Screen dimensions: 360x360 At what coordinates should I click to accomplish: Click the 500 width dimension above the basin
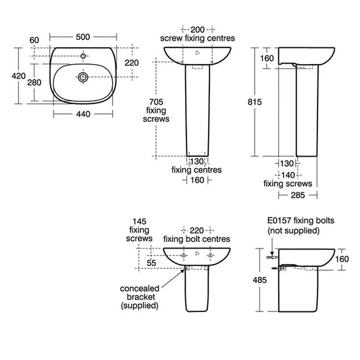tap(83, 36)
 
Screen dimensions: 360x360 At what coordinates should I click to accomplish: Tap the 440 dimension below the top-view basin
tap(83, 114)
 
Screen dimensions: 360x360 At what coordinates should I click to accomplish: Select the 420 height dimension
tap(19, 76)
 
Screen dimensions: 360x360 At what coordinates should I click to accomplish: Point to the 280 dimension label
tap(34, 82)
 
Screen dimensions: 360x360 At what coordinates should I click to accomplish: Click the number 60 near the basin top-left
tap(34, 40)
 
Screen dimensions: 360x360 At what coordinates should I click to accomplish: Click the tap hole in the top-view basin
tap(83, 56)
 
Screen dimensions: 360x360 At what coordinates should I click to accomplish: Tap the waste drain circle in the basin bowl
tap(83, 77)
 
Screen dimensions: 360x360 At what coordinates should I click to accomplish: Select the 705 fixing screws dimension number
tap(156, 102)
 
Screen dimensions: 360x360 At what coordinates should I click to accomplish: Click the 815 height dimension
tap(255, 102)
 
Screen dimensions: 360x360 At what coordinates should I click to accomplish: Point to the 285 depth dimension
tap(298, 195)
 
